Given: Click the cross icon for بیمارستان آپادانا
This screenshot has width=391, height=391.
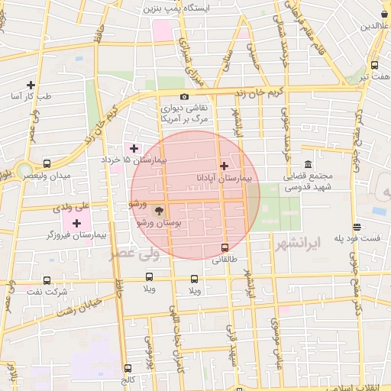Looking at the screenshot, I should click(224, 166).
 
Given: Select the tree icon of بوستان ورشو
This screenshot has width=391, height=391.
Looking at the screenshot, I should click(159, 211).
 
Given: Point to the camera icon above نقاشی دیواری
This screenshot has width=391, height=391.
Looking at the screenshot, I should click(184, 97).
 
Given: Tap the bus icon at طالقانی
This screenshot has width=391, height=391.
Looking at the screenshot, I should click(225, 247).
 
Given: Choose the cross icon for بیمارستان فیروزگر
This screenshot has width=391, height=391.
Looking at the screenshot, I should click(76, 223).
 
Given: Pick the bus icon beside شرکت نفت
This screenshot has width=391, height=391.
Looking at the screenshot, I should click(47, 280).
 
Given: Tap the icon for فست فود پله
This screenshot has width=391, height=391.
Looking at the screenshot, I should click(357, 227).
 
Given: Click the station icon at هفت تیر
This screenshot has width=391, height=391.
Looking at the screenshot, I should click(374, 66).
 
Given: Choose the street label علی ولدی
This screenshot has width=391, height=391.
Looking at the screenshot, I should click(71, 206).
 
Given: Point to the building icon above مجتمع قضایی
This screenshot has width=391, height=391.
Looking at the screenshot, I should click(308, 165).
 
